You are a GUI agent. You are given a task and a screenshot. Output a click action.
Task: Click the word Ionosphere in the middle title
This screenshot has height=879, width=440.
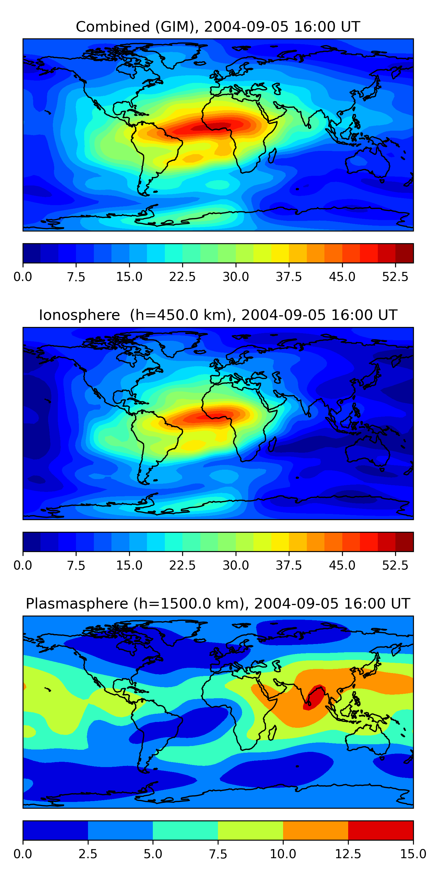pos(79,315)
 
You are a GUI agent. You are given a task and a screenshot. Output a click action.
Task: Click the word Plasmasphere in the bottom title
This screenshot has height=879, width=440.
pos(77,604)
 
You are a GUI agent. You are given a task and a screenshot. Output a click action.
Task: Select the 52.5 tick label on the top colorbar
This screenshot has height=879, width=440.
pos(395,277)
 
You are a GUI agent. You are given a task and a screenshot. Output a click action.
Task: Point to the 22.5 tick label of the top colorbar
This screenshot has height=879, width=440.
pos(182,277)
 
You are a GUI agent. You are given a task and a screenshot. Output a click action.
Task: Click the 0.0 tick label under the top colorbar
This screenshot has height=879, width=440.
pos(23,277)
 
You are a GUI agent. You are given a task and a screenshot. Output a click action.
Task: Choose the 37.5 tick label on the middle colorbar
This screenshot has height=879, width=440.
pos(289,565)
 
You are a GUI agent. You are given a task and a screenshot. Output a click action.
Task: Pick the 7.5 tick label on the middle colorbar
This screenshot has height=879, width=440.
pos(76,565)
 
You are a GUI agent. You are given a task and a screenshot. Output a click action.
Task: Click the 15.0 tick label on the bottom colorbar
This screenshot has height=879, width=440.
pos(413,854)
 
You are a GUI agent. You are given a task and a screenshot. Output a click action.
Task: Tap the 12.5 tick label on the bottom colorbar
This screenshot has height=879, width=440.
pos(348,854)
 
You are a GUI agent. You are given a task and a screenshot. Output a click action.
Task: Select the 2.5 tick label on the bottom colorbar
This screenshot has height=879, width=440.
pos(88,854)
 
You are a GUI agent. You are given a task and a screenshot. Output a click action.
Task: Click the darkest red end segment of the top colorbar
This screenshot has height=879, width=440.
pos(404,253)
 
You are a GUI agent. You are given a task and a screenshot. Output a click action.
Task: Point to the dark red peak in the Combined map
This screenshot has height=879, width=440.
pos(212,127)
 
